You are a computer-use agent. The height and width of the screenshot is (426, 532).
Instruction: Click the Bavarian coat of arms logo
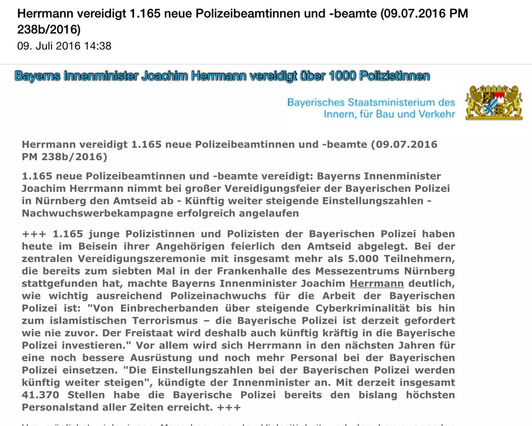[x=494, y=103]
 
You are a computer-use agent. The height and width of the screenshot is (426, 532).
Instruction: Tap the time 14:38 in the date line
[x=98, y=46]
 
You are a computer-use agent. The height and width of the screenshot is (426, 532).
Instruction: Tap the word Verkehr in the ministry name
[x=434, y=114]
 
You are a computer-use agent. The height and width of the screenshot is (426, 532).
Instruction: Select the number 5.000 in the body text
[x=360, y=258]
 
